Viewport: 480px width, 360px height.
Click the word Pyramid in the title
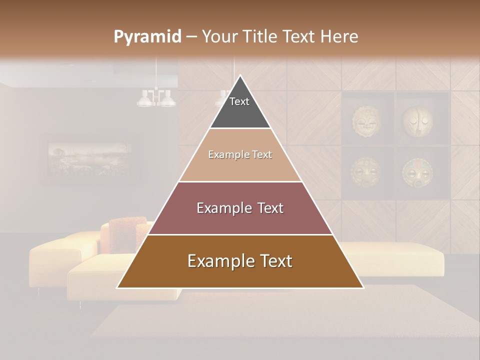[147, 37]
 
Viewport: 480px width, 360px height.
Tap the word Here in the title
[339, 36]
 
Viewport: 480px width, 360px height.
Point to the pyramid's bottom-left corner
[118, 287]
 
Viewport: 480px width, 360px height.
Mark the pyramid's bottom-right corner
[362, 287]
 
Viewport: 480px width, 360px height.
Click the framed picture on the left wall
[90, 159]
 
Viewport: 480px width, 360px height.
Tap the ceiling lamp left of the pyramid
[156, 97]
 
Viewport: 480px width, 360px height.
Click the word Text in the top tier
[239, 101]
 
